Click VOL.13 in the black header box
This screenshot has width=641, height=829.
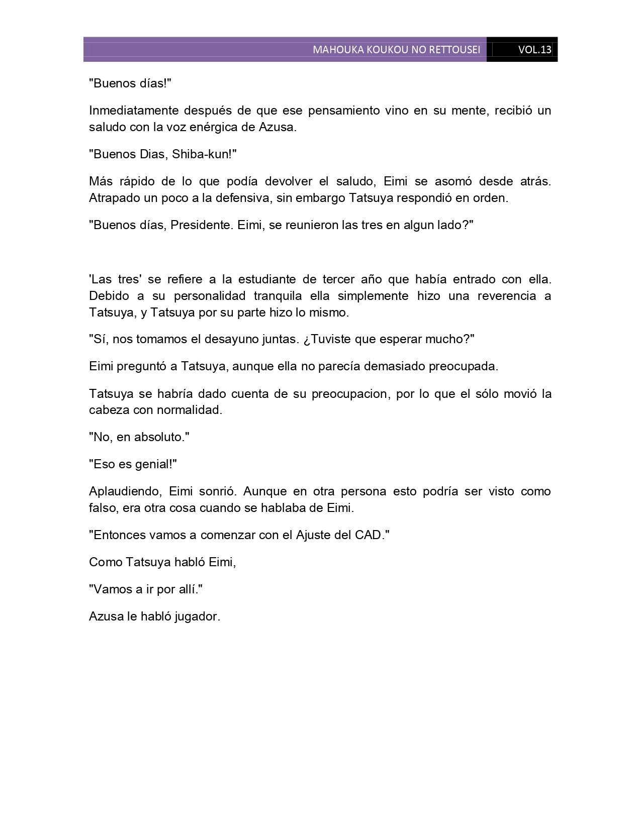(534, 50)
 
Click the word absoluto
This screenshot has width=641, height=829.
(161, 437)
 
